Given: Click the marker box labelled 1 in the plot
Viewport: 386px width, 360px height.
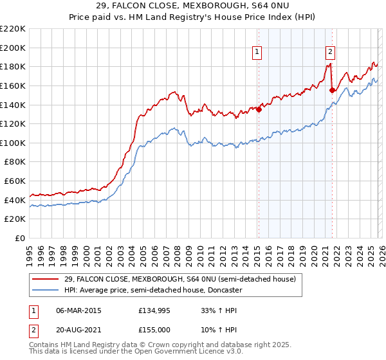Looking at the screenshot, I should pos(257,53).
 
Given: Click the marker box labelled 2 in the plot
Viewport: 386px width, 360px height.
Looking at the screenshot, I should pos(330,53).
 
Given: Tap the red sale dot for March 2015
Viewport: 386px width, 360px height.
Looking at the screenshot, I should pos(259,109).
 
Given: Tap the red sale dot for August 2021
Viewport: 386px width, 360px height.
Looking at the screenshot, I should pos(332,90).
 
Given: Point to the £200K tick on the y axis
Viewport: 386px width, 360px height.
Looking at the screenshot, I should pos(14,48).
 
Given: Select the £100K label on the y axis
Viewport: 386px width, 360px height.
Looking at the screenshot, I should pos(14,143).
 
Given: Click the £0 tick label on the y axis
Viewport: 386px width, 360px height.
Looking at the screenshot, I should pos(19,239).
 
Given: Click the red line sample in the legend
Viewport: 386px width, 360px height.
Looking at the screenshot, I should pos(46,279).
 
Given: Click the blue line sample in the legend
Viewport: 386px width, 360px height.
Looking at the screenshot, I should pos(46,290).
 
